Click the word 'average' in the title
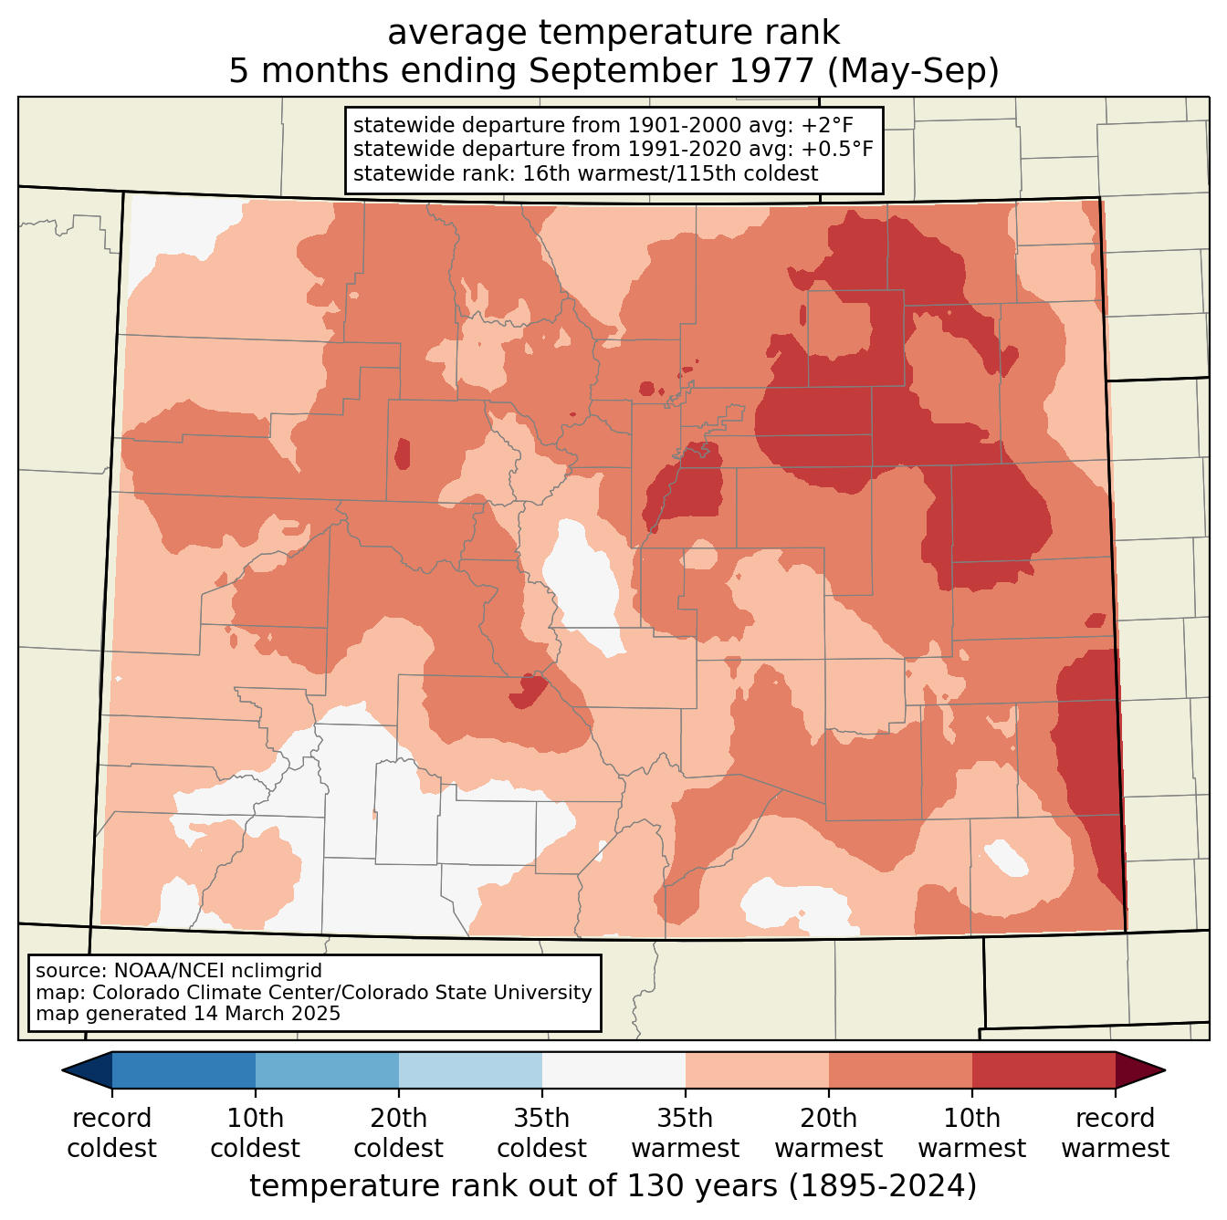coord(456,32)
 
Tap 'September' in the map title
coord(670,70)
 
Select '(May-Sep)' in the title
coord(912,70)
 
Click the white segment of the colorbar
coord(613,1070)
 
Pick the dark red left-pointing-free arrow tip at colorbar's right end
coord(1139,1070)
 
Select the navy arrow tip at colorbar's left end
coord(88,1070)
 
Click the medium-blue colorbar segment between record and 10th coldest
coord(184,1070)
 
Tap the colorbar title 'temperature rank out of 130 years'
coord(513,1186)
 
